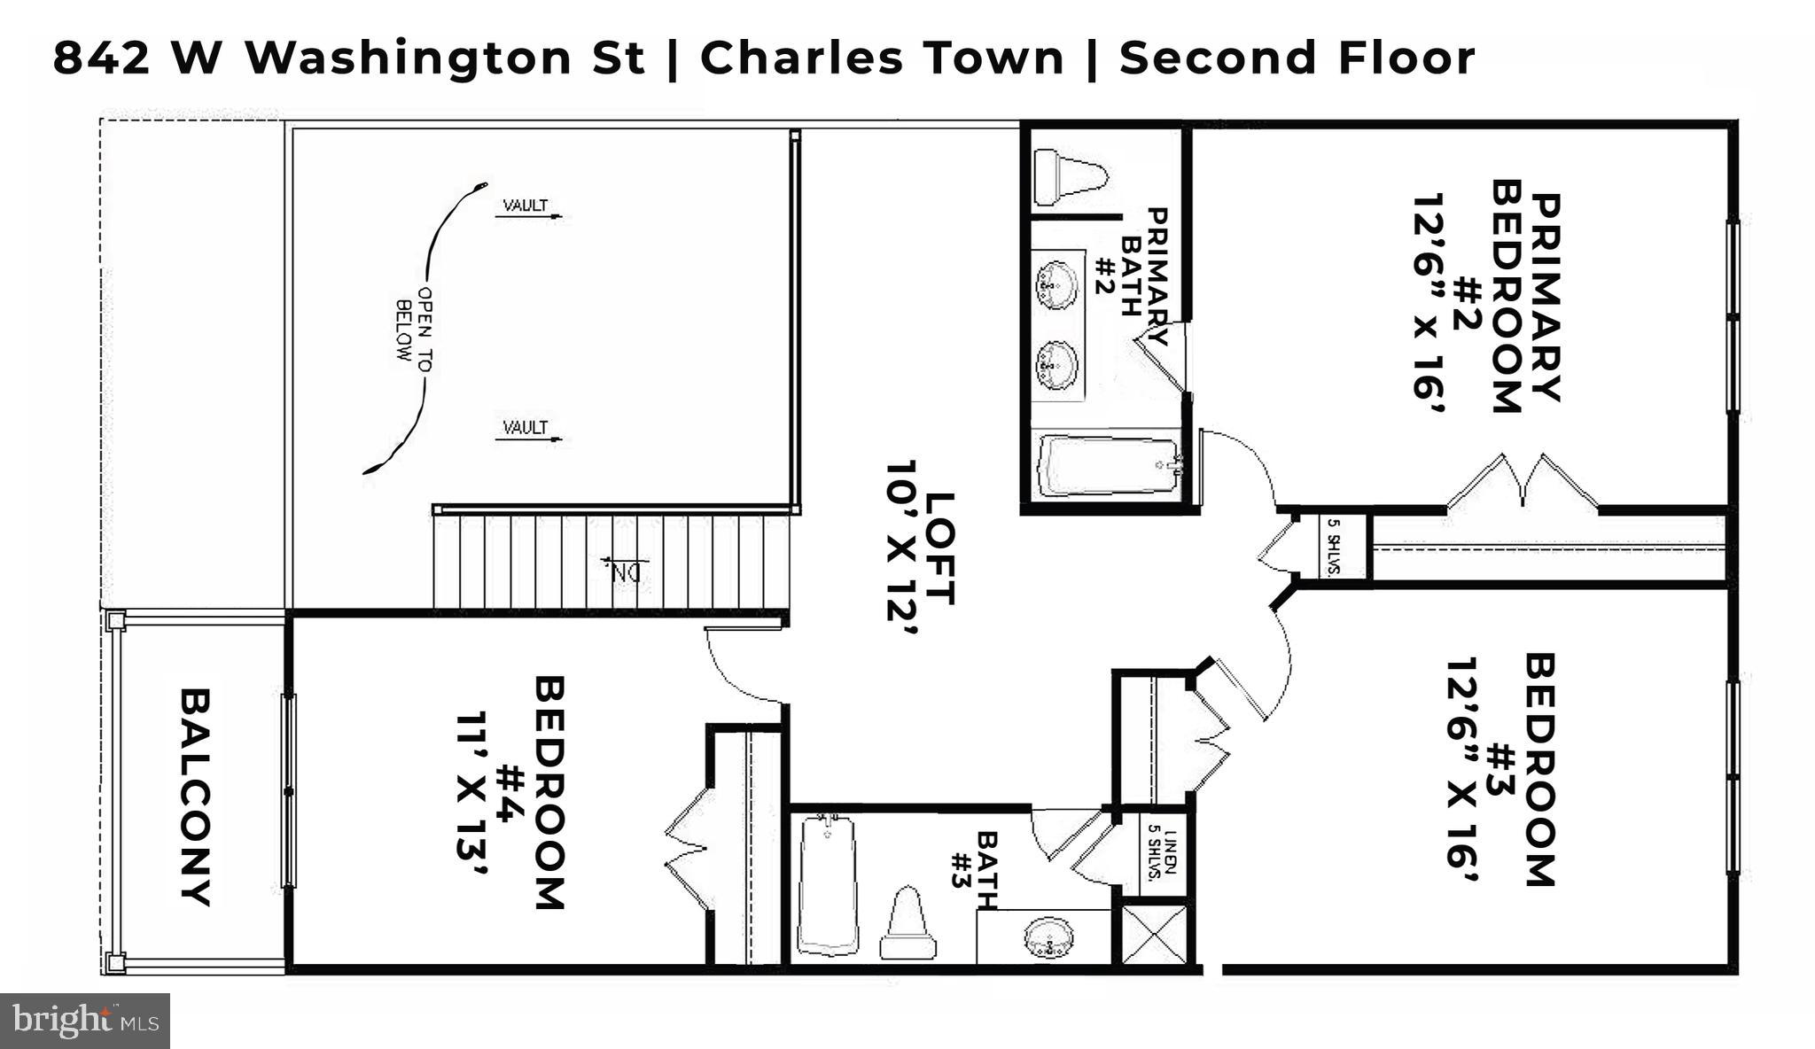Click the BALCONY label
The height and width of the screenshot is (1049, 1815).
point(196,796)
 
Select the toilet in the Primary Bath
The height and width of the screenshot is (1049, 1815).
point(1071,176)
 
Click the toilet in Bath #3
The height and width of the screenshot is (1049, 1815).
point(908,925)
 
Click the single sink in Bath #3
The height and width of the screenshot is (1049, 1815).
point(1048,937)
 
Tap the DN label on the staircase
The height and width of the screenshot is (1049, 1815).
point(626,571)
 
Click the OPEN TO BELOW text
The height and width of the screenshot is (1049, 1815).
point(415,323)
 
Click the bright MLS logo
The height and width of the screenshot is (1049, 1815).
point(85,1021)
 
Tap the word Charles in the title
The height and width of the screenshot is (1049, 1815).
point(791,58)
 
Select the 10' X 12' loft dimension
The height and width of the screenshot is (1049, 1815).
point(902,548)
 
